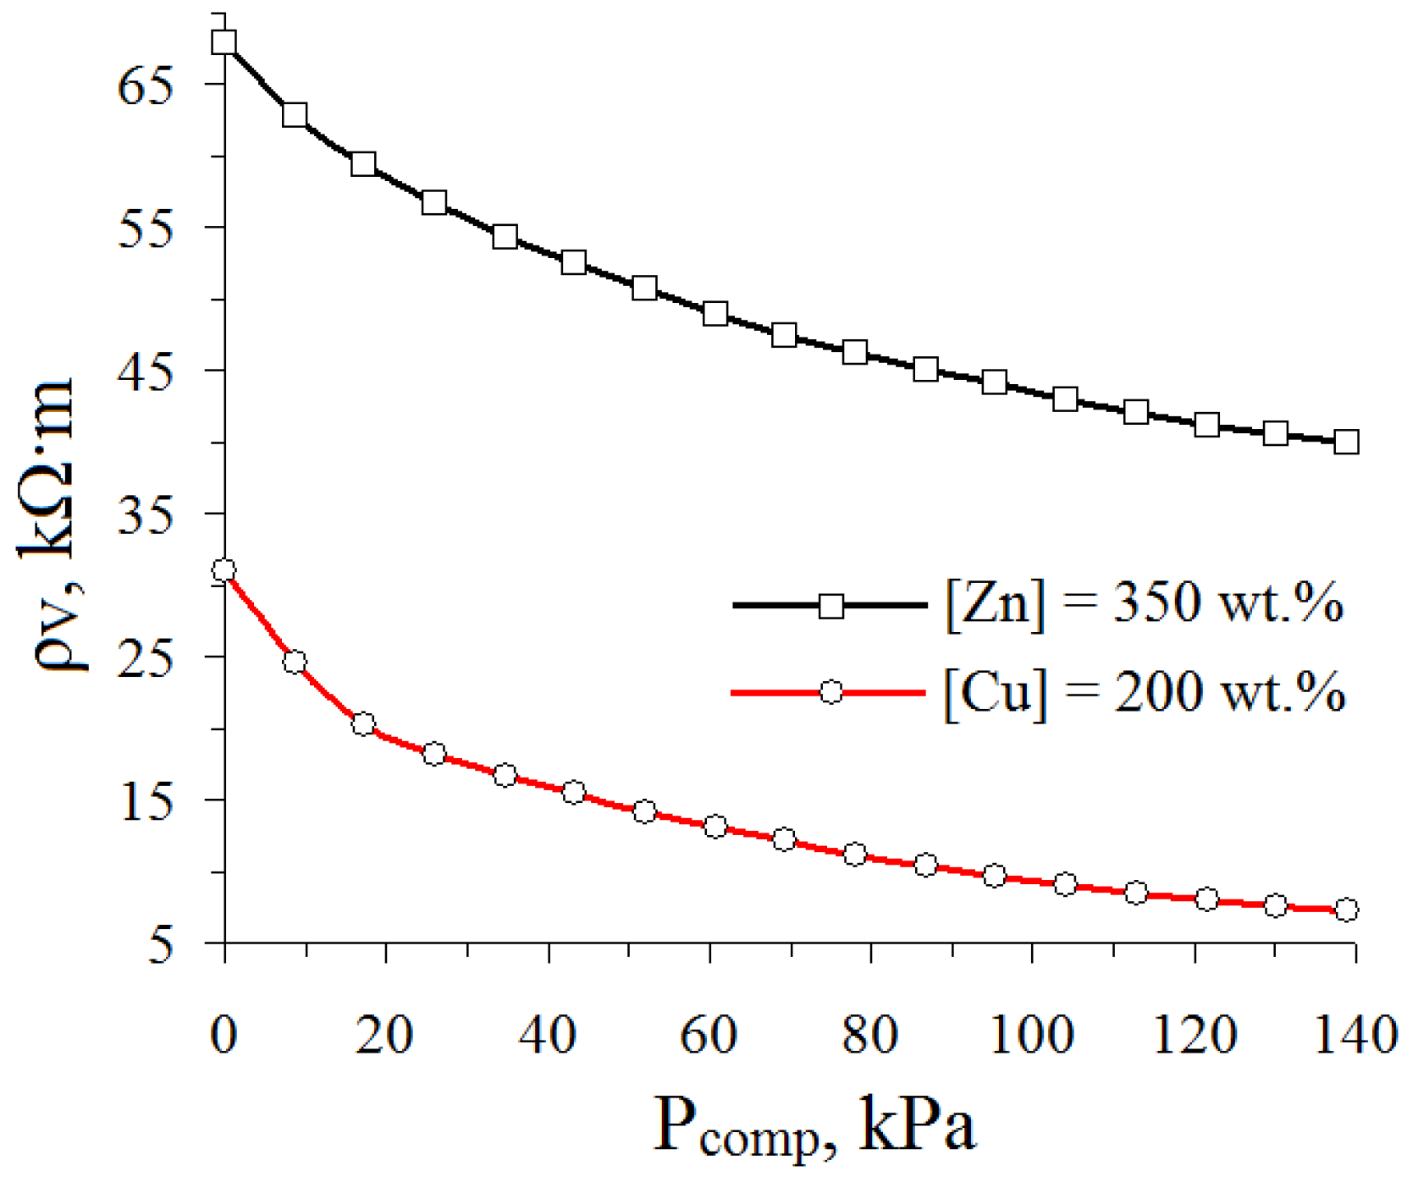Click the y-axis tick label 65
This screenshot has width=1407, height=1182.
point(146,85)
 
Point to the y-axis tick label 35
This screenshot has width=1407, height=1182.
point(146,514)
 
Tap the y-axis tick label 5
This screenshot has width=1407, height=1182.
point(160,944)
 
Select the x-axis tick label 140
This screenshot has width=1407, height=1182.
point(1354,1034)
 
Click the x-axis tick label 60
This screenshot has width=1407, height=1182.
point(708,1034)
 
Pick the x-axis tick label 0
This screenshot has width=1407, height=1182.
point(223,1034)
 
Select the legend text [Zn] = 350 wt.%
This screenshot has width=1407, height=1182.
point(1144,604)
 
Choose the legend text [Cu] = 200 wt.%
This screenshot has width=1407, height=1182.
point(1144,693)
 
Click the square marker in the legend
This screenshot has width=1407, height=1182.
point(831,606)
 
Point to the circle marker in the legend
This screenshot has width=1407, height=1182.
point(831,692)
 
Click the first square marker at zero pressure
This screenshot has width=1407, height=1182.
point(224,42)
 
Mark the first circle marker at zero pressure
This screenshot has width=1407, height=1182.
point(223,570)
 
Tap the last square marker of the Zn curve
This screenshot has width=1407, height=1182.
point(1346,442)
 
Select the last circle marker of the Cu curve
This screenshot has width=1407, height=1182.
point(1346,910)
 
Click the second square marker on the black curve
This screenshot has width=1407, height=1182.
point(295,115)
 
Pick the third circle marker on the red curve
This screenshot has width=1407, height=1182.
point(364,724)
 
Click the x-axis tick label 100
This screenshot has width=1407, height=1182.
point(1031,1034)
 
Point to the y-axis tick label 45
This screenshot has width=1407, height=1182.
point(146,371)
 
